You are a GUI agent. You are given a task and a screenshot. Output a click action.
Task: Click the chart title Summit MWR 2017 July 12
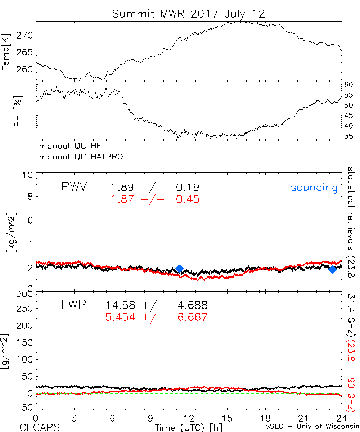click(x=188, y=14)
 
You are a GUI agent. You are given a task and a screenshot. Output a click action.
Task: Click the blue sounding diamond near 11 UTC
click(x=179, y=269)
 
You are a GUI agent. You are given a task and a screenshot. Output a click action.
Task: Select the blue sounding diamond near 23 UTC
click(x=332, y=269)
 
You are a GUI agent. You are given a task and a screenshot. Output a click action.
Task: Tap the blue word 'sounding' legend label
click(x=314, y=188)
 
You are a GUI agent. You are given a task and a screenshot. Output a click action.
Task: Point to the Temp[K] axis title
click(x=6, y=51)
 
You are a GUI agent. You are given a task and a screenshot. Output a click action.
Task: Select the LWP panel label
click(x=73, y=305)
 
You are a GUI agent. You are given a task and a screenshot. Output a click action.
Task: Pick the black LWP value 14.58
click(x=121, y=306)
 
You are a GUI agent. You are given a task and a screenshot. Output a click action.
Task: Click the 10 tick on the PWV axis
click(x=28, y=175)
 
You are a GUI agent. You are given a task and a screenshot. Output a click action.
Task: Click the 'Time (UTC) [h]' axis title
click(x=184, y=427)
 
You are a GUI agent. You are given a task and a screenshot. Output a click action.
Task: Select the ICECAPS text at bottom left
click(x=38, y=427)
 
